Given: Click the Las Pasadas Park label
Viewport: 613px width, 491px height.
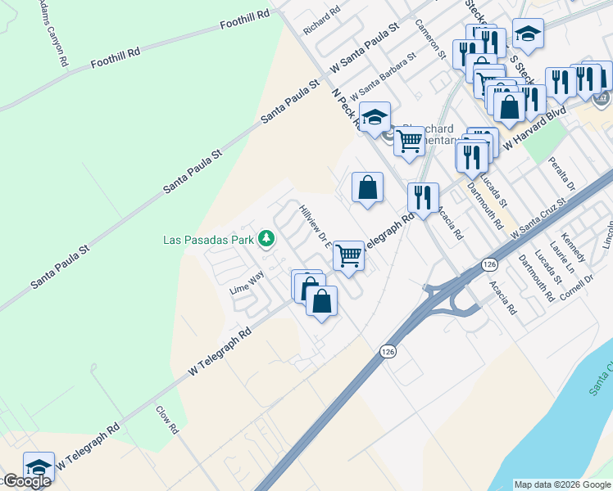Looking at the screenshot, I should tap(209, 240).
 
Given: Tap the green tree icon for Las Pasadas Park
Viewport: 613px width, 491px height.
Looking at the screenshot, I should tap(266, 239).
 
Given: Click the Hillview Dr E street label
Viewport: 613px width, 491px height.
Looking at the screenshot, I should tap(316, 225).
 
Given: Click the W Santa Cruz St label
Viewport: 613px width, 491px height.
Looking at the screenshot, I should tap(538, 217).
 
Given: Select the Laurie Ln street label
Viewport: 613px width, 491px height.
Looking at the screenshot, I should tap(562, 259).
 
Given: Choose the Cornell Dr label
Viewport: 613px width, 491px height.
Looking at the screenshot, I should tap(578, 286).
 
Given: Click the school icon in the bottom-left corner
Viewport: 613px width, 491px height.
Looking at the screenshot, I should tap(39, 466).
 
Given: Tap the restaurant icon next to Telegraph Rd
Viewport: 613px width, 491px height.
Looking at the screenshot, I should tap(423, 197).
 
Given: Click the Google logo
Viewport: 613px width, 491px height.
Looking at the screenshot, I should tap(26, 481).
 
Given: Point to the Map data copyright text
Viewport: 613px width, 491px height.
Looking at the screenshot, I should tap(562, 484).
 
